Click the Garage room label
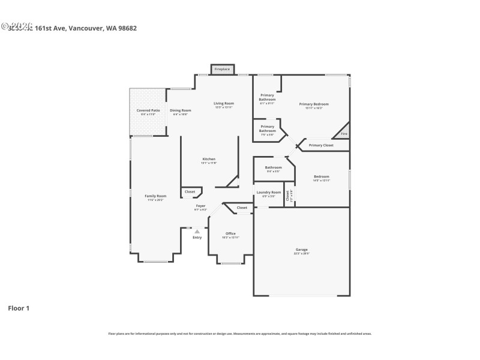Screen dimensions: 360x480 click(301, 250)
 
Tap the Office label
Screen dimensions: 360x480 click(230, 233)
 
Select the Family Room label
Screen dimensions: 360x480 click(155, 196)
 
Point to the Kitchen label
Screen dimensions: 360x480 click(208, 159)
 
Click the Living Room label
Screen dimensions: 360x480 click(223, 104)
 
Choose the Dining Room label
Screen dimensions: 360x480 click(180, 110)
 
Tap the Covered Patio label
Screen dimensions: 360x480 click(148, 110)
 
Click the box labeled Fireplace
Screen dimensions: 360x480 click(222, 70)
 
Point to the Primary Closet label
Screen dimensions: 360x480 click(321, 145)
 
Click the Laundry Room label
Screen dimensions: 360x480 click(269, 193)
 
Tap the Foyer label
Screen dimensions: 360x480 click(200, 206)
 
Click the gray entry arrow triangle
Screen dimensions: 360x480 click(197, 231)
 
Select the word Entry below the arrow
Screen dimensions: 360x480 click(197, 238)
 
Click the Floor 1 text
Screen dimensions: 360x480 click(18, 308)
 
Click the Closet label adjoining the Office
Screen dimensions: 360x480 click(242, 208)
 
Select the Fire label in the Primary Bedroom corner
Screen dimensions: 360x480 click(344, 134)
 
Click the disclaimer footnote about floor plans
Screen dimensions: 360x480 click(239, 334)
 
